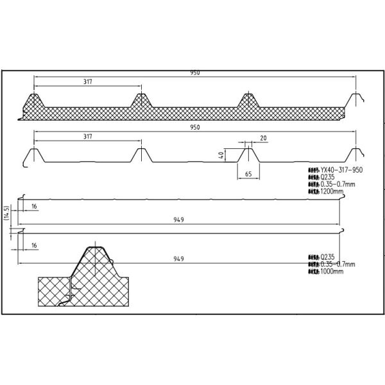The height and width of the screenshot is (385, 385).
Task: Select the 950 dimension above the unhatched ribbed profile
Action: [194, 127]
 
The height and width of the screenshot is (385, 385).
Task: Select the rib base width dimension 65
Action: [248, 174]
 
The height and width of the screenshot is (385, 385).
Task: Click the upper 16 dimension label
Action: [33, 207]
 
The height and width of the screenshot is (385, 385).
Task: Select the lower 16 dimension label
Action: [33, 244]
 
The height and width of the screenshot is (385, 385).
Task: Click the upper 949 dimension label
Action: [179, 219]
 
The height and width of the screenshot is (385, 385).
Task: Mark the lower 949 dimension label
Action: [179, 259]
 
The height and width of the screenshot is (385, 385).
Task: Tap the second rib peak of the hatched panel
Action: [141, 100]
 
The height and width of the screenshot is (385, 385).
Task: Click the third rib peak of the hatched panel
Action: [248, 100]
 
